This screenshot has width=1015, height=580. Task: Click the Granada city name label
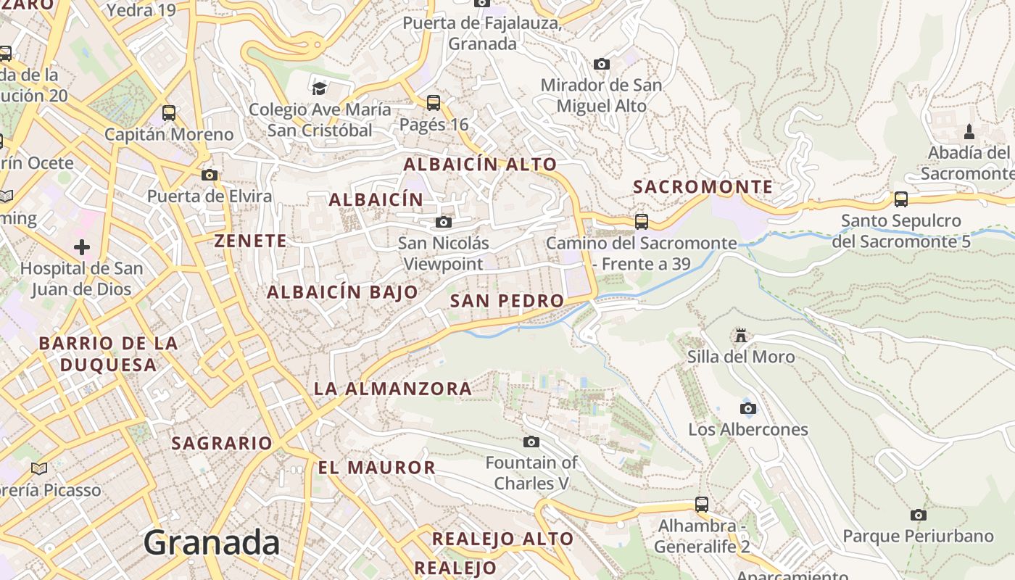212,542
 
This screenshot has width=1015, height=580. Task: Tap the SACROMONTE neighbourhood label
703,187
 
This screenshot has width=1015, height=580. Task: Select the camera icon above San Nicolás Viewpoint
444,222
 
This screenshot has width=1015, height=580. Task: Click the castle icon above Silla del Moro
740,336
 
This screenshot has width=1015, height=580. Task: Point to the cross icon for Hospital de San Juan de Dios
82,247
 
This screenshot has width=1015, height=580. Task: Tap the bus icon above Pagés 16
434,103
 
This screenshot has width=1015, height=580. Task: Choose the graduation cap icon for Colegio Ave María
319,88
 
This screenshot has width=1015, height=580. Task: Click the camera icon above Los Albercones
748,408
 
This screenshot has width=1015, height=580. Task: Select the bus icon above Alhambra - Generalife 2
701,504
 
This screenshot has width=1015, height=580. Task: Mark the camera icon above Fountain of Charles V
531,442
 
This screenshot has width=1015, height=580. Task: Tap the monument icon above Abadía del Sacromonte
969,132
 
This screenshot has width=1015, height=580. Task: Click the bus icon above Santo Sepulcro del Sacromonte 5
900,199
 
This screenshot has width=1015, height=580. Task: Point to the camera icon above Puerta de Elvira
210,175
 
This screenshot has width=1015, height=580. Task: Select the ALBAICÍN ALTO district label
480,165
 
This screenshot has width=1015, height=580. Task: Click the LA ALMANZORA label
393,389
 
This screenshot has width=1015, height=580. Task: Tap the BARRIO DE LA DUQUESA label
109,354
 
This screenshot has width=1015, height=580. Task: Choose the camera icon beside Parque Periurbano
918,515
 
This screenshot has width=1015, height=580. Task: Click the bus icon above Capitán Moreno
169,113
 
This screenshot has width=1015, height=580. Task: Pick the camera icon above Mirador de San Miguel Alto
601,64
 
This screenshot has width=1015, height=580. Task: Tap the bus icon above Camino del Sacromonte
641,222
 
